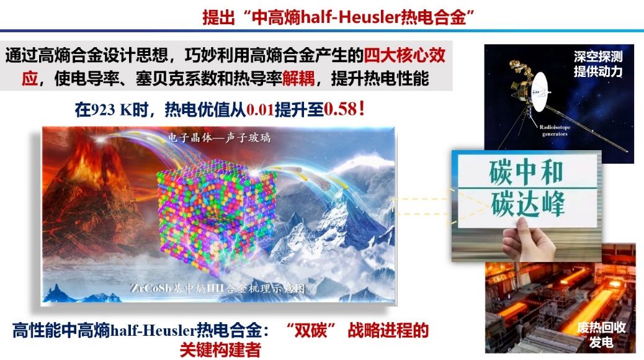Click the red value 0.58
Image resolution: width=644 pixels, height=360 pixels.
(x=341, y=109)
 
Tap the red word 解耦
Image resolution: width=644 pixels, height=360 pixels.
(x=298, y=78)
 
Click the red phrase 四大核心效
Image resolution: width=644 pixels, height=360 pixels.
(x=405, y=55)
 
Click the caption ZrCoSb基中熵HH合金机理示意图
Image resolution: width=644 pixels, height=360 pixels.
(x=218, y=289)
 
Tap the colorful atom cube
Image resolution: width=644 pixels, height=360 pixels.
(x=217, y=216)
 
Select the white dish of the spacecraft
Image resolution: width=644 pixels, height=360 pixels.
(x=539, y=92)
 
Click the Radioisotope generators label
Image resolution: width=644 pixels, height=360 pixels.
(x=555, y=130)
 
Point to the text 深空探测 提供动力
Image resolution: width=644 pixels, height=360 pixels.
(x=598, y=64)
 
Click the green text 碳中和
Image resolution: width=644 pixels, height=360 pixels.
(x=526, y=172)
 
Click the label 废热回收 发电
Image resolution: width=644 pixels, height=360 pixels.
(x=601, y=335)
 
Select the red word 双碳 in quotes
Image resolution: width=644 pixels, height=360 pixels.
(x=311, y=330)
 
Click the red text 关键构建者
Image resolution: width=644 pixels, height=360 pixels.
(x=220, y=349)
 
